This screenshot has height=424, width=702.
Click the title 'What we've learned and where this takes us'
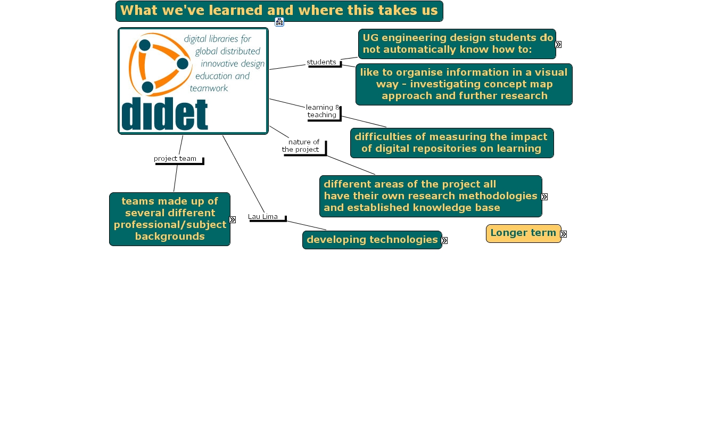point(279,11)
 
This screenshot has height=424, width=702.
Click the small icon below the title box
point(279,22)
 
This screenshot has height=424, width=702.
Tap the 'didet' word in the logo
point(164,113)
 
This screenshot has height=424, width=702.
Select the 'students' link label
point(321,62)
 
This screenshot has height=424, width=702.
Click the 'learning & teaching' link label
point(322,111)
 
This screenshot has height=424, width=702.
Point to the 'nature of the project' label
point(302,146)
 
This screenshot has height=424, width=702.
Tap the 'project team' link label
point(175,159)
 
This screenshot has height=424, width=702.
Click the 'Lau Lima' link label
point(263,217)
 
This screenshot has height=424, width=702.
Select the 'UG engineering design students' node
point(457,44)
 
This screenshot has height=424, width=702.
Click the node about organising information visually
point(464,84)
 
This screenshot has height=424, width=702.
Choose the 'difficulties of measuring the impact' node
point(451,143)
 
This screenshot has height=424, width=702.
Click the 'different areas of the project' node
point(430,196)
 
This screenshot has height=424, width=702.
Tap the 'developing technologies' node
point(371,240)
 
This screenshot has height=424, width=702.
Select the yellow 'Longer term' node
point(523,233)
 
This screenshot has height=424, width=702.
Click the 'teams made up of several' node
point(170,219)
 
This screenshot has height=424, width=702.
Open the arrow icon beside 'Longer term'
point(564,234)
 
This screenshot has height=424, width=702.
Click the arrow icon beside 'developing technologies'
point(444,241)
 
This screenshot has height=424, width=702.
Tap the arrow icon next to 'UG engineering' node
point(558,45)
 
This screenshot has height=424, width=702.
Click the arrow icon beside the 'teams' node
point(233,219)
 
